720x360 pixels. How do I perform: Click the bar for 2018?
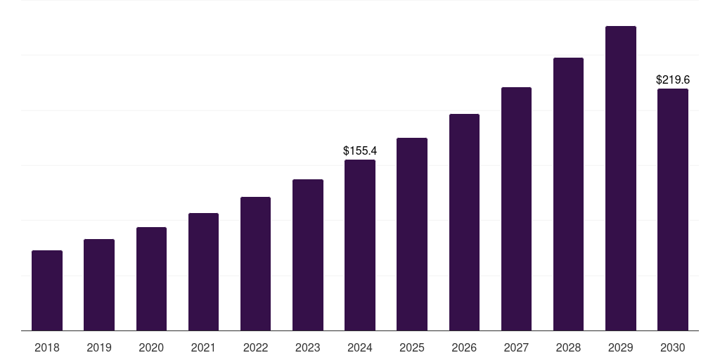click(x=47, y=290)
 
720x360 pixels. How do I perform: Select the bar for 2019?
click(x=99, y=285)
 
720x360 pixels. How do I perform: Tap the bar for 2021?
click(x=203, y=272)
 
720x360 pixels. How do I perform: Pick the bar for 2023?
click(x=308, y=255)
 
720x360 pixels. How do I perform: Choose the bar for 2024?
click(x=360, y=245)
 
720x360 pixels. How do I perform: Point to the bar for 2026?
click(x=464, y=222)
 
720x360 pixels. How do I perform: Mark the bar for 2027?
click(x=516, y=209)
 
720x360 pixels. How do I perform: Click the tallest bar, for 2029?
click(x=621, y=178)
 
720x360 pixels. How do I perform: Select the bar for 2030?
click(x=673, y=210)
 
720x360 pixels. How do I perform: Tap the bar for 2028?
click(x=568, y=194)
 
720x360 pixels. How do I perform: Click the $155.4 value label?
click(x=360, y=150)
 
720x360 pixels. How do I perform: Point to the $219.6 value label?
click(x=673, y=80)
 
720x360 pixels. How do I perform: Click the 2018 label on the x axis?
click(x=47, y=347)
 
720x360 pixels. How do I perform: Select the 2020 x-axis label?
click(x=151, y=347)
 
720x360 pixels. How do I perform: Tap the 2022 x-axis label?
click(x=255, y=347)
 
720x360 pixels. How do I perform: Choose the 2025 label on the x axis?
click(x=412, y=347)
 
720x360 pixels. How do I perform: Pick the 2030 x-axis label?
click(x=673, y=347)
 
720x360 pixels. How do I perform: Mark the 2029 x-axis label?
click(x=620, y=347)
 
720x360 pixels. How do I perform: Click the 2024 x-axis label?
click(x=359, y=347)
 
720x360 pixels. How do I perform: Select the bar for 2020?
click(x=152, y=278)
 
